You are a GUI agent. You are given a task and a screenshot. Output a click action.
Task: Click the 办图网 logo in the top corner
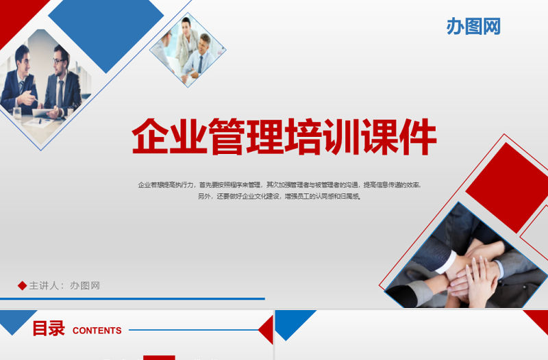473,26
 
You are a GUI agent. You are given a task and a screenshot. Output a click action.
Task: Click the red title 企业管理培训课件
284,137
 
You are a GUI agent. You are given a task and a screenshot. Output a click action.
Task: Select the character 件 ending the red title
416,137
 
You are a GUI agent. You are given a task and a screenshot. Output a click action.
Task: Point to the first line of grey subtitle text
279,185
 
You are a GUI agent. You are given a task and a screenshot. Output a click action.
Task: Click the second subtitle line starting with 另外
279,196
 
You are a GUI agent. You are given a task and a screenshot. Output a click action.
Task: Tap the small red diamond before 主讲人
22,285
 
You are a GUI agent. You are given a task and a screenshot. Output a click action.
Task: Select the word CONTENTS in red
97,331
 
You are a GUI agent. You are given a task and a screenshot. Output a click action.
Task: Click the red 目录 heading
49,329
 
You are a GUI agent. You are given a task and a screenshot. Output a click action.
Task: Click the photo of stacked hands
466,263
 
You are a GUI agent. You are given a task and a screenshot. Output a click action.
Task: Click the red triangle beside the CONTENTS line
267,330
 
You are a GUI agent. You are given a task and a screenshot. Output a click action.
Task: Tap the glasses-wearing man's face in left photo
60,64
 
